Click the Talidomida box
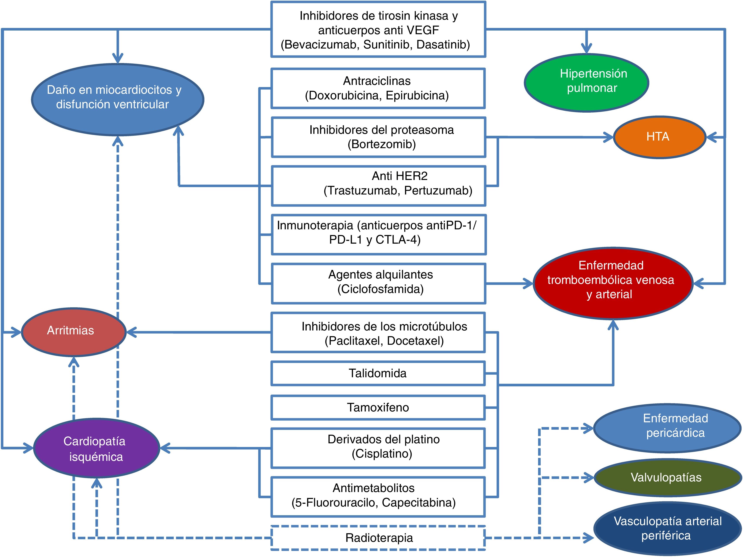378,373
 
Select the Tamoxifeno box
378,408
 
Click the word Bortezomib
382,144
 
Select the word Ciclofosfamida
381,289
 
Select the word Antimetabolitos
373,488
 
